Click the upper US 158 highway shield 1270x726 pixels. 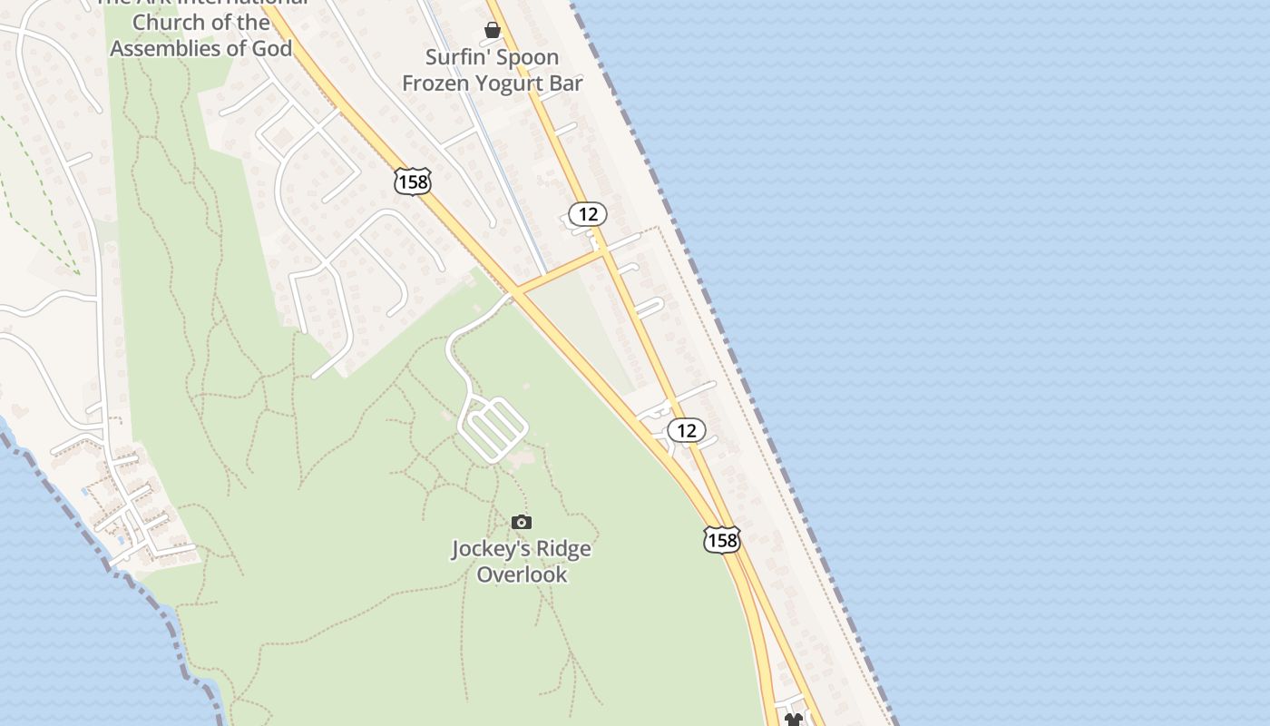pos(413,181)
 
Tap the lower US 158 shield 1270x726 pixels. pos(722,541)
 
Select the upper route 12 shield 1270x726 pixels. pos(588,214)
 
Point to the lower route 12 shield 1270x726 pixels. pos(687,430)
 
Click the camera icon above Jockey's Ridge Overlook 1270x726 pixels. pos(521,522)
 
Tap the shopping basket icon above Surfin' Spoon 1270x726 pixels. pos(493,30)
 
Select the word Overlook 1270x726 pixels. pos(522,574)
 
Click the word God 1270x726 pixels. pos(271,48)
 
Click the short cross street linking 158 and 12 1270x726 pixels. pos(561,272)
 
